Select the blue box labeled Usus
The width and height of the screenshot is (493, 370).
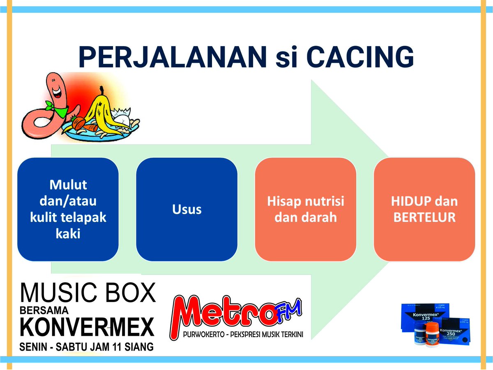[x=187, y=209]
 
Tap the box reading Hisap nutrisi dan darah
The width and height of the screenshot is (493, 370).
[x=306, y=209]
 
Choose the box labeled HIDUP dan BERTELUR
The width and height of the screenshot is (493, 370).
[x=424, y=209]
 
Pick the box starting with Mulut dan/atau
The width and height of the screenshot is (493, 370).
[x=68, y=209]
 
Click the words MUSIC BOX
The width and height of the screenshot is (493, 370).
[x=88, y=293]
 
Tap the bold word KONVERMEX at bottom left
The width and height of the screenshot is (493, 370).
[x=87, y=327]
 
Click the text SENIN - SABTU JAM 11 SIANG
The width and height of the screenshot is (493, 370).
[x=87, y=347]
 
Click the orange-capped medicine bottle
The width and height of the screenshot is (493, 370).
[x=432, y=334]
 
